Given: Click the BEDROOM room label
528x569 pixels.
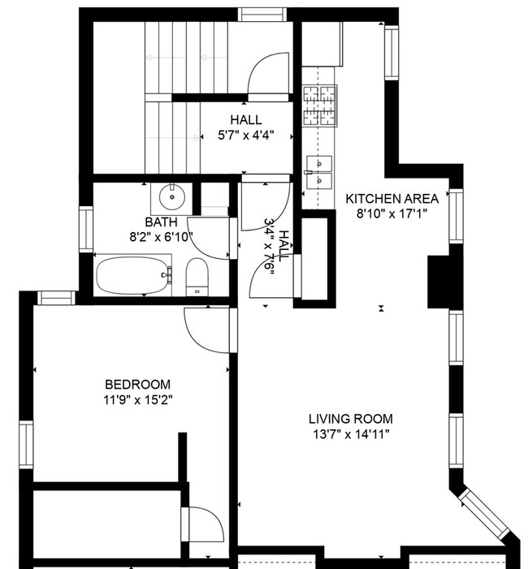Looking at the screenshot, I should (x=137, y=384).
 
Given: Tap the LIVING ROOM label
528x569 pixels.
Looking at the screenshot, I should (x=350, y=419).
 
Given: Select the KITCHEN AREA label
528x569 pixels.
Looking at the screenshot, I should (x=392, y=198).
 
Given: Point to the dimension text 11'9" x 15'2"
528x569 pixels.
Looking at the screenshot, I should (x=137, y=399).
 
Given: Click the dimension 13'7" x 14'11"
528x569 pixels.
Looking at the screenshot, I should (x=350, y=434).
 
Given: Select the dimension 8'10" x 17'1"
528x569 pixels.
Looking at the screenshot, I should (x=392, y=213).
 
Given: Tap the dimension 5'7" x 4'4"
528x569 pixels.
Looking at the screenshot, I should (x=245, y=136).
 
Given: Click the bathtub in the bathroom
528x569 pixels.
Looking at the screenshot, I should (x=135, y=276).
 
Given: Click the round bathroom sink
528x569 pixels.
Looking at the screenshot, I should (x=172, y=196).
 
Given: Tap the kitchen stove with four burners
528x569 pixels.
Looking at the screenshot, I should (x=319, y=106).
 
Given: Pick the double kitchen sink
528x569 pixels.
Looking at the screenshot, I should (x=319, y=170).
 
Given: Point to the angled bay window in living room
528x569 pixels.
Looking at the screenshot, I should (x=485, y=516).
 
